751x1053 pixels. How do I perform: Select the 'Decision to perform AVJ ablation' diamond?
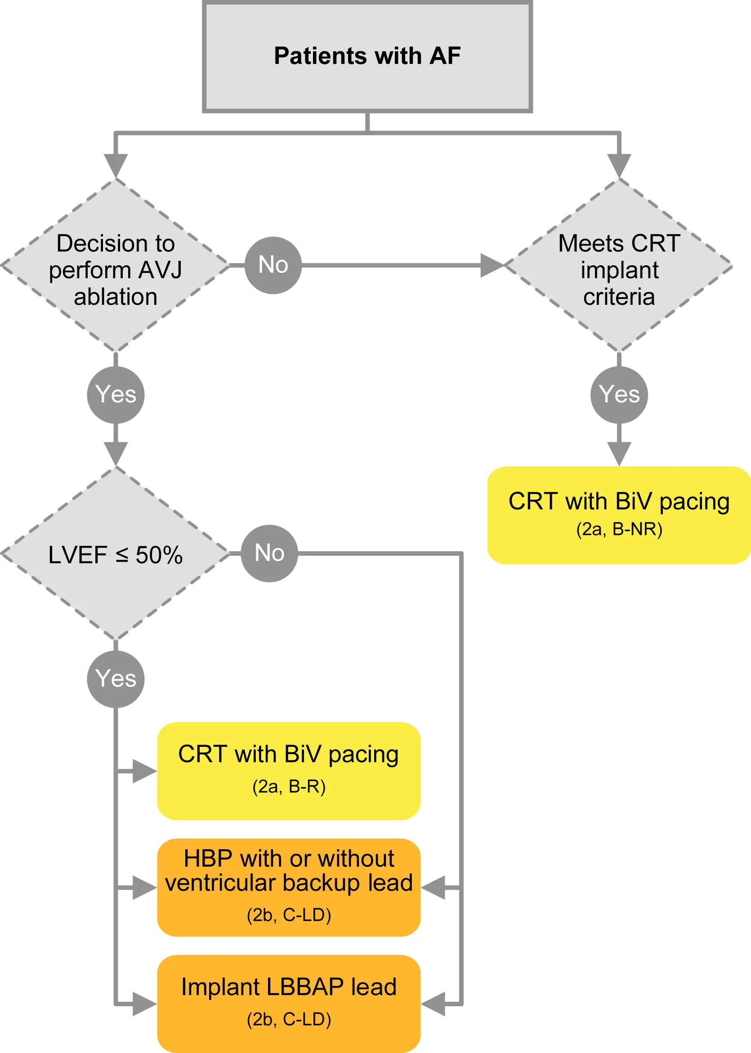point(115,266)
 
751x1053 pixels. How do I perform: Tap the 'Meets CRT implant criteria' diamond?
point(619,266)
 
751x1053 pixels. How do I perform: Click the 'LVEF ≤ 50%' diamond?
point(115,554)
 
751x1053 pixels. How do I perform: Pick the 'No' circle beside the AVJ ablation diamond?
point(273,265)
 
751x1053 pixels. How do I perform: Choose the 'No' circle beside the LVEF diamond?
point(270,553)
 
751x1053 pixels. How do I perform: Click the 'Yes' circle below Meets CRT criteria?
point(619,395)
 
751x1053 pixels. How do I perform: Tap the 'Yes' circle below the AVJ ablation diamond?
point(116,395)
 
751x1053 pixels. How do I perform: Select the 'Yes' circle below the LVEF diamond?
point(116,679)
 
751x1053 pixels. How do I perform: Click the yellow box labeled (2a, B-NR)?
point(619,515)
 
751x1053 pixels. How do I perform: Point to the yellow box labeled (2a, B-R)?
point(289,771)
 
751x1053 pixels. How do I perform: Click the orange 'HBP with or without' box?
point(289,888)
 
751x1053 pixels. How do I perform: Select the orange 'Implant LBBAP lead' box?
point(289,1004)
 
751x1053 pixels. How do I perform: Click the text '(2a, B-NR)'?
point(619,529)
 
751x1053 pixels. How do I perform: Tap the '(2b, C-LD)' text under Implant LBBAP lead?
point(289,1019)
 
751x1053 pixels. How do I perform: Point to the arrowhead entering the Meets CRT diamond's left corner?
point(492,265)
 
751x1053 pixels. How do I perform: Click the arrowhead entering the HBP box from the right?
point(434,888)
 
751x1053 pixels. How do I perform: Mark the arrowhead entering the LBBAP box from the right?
point(434,1004)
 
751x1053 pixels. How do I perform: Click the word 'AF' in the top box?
point(445,56)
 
